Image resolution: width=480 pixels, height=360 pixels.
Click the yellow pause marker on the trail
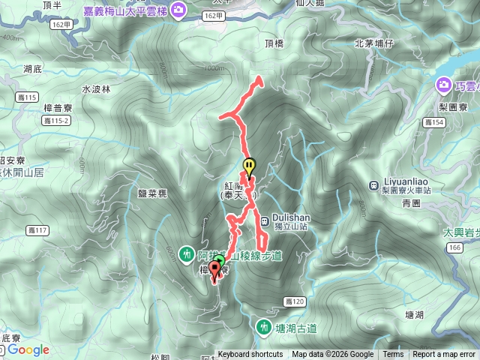coord(249,166)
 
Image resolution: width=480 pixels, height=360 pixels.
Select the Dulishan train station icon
coord(265,220)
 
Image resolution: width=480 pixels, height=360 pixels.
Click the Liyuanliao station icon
coord(373,184)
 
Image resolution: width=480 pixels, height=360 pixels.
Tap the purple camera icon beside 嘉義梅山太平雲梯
coord(178,9)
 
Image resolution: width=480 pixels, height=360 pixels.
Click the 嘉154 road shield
coord(432,121)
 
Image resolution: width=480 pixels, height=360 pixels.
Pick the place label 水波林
coord(96,88)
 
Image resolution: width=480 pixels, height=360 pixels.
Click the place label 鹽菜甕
coord(152,193)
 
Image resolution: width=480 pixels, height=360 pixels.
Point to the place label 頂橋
coord(275,43)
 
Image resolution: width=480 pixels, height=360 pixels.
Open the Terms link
coord(393,355)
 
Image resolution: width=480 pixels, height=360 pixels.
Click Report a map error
coord(445,355)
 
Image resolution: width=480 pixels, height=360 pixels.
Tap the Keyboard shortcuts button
coord(250,355)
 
